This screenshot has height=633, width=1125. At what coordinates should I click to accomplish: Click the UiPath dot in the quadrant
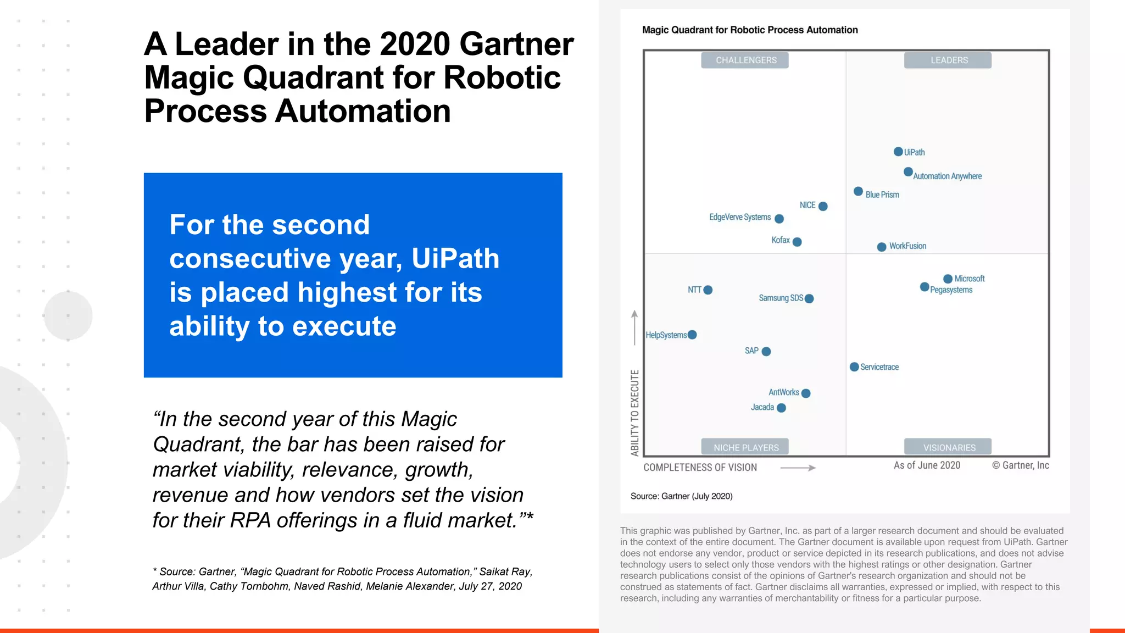point(898,152)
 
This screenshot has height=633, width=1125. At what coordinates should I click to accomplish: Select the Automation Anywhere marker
point(908,172)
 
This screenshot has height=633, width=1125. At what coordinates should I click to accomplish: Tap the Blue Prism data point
point(858,191)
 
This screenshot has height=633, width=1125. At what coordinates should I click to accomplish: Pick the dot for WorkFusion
point(882,247)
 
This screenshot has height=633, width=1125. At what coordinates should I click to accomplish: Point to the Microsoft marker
point(948,279)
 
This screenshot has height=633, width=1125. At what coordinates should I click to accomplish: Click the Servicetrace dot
point(854,367)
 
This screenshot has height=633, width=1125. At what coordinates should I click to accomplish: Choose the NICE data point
point(823,206)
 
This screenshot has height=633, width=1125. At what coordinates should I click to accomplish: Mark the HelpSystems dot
point(692,335)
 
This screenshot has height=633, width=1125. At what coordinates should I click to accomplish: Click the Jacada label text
point(762,407)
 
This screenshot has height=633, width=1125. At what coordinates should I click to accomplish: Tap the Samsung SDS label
point(781,298)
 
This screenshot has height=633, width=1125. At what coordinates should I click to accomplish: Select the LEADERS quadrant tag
point(948,60)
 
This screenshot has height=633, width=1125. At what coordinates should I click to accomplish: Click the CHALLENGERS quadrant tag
point(745,60)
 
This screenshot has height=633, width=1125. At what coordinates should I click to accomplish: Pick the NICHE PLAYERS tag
point(745,447)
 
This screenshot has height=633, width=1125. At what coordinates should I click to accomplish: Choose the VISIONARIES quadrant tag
point(948,447)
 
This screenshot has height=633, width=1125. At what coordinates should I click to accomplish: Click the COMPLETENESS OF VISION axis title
point(700,468)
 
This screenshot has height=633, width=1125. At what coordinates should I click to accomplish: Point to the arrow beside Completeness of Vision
point(798,468)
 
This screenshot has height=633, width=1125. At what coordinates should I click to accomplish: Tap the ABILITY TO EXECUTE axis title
point(635,413)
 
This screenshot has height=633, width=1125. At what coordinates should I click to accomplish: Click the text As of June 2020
point(927,465)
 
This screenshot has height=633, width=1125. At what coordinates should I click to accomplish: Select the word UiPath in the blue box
point(455,258)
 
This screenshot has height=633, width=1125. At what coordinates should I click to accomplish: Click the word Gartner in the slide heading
point(516,44)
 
